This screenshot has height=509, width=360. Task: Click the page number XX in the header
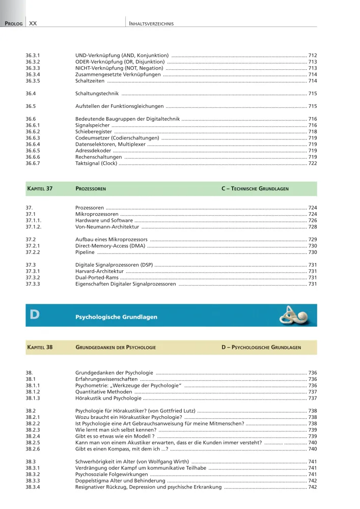click(x=33, y=23)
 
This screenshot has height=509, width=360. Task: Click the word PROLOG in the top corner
click(x=13, y=23)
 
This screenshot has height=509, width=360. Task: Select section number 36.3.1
click(x=33, y=54)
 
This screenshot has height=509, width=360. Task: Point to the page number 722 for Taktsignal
click(x=313, y=163)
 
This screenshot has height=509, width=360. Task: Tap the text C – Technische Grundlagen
click(x=255, y=188)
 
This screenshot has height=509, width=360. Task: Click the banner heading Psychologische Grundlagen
click(x=117, y=317)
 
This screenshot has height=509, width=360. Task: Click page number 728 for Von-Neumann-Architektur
click(x=313, y=227)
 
